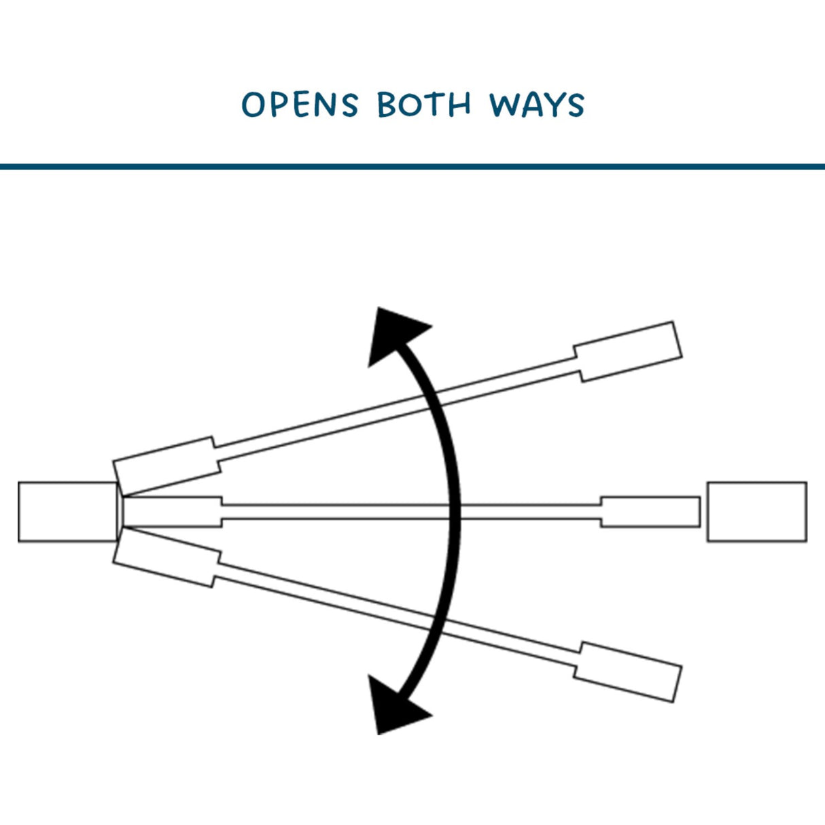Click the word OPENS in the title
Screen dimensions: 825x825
tap(300, 105)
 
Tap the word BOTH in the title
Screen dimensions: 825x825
tap(424, 105)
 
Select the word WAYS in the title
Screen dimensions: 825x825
tap(538, 105)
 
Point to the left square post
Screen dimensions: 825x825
tap(68, 512)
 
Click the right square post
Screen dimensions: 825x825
tap(757, 512)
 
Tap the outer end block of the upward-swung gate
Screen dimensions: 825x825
tap(628, 352)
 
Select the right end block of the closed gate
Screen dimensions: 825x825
tap(650, 512)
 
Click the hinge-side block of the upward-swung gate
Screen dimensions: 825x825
tap(167, 466)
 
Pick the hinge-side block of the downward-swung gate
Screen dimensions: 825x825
tap(167, 557)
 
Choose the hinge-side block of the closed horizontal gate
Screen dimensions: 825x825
tap(173, 512)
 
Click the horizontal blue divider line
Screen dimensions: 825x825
tap(412, 166)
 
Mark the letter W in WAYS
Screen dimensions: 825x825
tap(505, 105)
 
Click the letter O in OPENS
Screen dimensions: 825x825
tap(254, 105)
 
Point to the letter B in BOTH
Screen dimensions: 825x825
tap(387, 105)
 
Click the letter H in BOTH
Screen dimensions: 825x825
tap(459, 105)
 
